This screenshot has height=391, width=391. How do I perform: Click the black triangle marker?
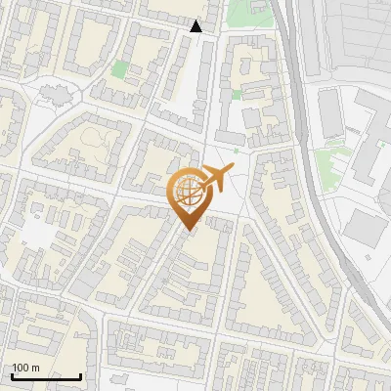[196, 26]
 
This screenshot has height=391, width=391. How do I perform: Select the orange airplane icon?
[216, 179]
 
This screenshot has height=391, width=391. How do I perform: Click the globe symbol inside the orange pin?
[188, 194]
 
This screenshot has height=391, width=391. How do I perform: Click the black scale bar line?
[46, 376]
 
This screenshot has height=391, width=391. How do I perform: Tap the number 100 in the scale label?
[22, 368]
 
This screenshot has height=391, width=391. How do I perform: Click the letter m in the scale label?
[35, 368]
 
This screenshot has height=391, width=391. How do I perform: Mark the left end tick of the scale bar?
[12, 374]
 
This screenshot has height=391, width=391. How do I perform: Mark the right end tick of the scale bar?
[80, 374]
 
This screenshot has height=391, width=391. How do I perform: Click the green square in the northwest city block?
[119, 69]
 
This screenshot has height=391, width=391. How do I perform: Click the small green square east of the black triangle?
[236, 95]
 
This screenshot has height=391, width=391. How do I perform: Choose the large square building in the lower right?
[364, 229]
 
